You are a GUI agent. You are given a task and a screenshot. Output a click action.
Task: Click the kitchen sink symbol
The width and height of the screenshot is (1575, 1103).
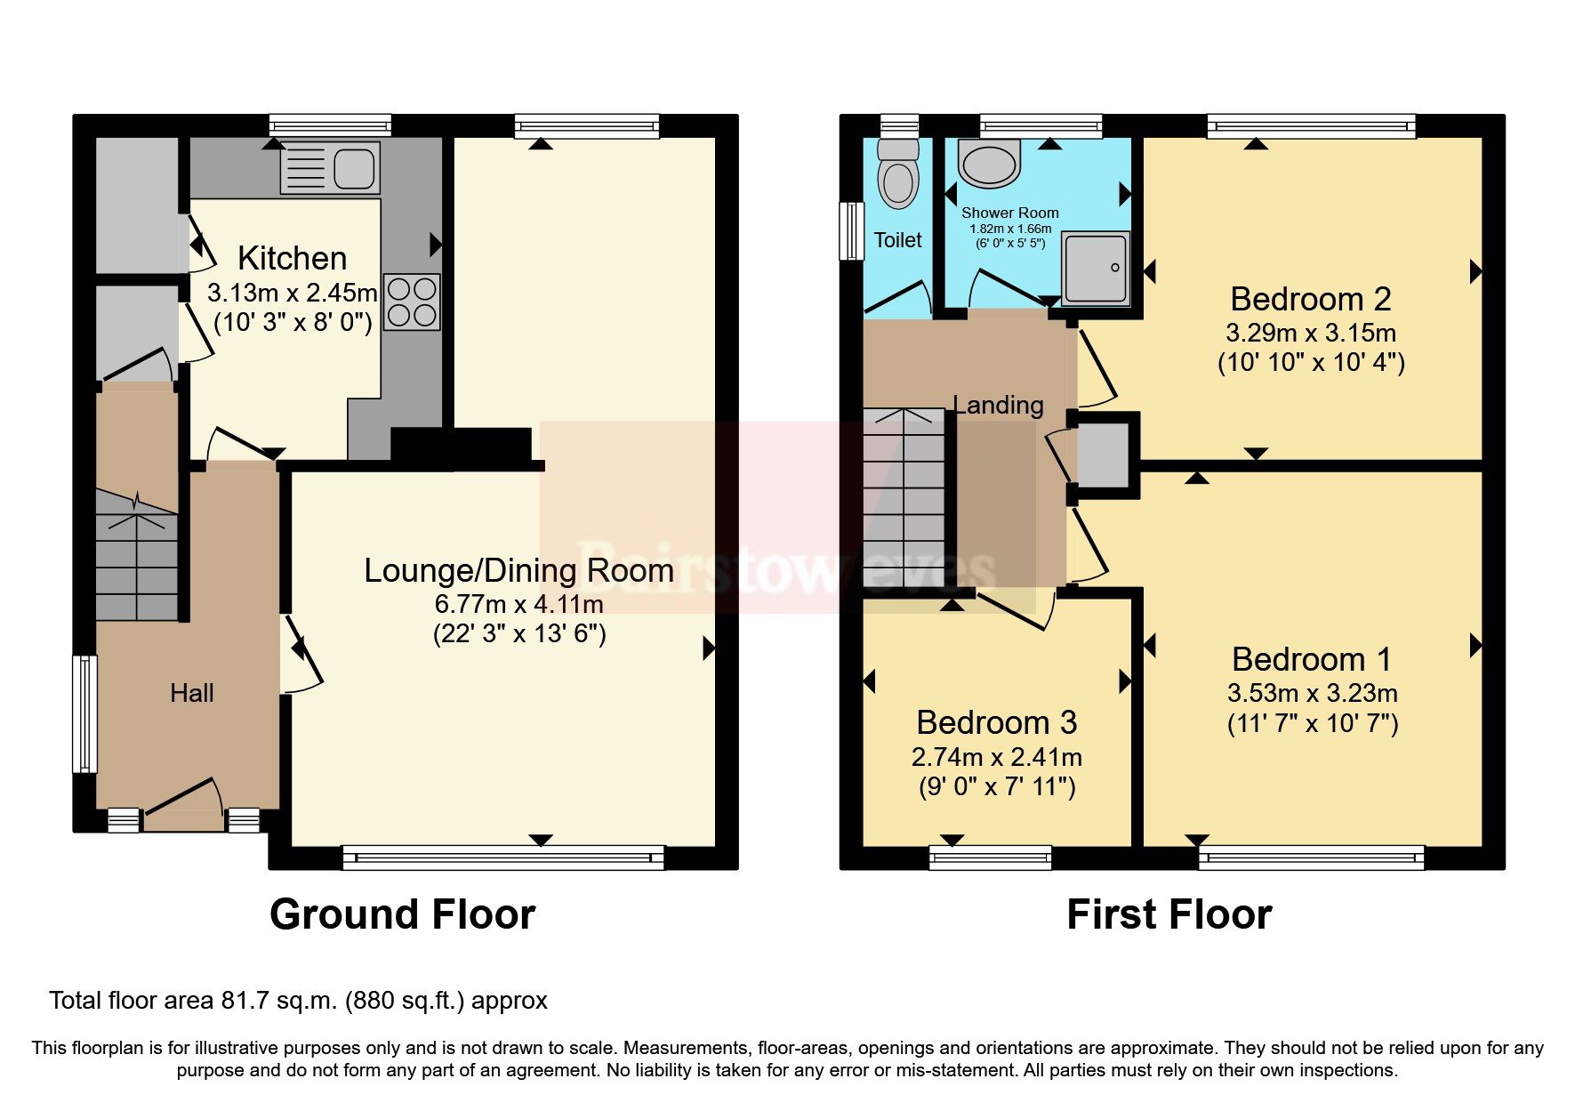tap(330, 168)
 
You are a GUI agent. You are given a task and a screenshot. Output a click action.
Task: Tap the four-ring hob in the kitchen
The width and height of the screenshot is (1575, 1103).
tap(412, 302)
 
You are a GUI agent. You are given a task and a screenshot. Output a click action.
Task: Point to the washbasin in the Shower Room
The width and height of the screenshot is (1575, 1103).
tap(989, 164)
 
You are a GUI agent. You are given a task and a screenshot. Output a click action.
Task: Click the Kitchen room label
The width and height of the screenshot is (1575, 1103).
tap(292, 258)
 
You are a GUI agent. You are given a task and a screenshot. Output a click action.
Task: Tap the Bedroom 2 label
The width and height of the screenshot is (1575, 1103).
tap(1310, 299)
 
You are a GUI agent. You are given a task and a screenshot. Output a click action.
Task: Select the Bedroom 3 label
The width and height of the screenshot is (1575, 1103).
tap(996, 722)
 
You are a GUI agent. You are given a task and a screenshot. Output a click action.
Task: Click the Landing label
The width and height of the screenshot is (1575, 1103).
tap(998, 406)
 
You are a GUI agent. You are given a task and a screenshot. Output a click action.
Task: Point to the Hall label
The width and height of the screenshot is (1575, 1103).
tap(192, 693)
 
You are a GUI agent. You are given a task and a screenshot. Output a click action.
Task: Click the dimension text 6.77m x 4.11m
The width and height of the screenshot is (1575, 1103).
tap(518, 604)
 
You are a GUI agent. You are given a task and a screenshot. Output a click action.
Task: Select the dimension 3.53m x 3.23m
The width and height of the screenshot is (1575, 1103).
tap(1312, 693)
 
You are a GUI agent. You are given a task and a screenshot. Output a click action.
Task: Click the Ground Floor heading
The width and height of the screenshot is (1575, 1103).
tap(402, 914)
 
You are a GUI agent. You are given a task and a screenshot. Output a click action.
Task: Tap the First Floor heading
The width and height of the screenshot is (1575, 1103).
tap(1169, 914)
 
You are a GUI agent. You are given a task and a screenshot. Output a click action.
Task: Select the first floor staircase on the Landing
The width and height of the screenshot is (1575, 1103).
tap(904, 498)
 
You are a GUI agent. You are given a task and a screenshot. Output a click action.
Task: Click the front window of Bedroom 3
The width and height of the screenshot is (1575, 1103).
tap(990, 857)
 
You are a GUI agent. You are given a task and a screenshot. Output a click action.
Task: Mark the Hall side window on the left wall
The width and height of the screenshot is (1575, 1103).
tap(84, 714)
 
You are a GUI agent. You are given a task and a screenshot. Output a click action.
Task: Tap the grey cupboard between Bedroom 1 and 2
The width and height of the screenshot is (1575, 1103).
tap(1103, 455)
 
